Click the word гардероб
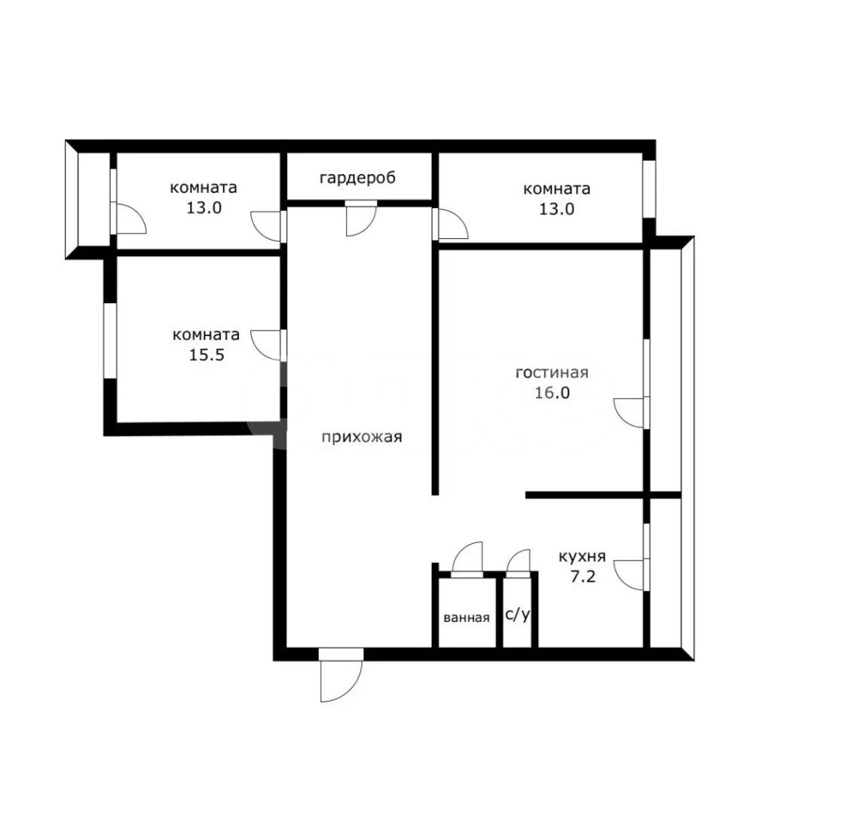[x=357, y=179]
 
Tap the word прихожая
[x=362, y=437]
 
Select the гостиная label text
[x=552, y=373]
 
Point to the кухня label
[x=582, y=557]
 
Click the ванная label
[x=467, y=618]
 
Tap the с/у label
[x=518, y=615]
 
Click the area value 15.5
[x=207, y=355]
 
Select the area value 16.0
[x=552, y=393]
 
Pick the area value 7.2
[x=583, y=577]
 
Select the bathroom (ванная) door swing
[x=467, y=559]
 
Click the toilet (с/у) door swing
[x=518, y=563]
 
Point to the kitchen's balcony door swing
[x=629, y=575]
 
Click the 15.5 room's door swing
[x=268, y=345]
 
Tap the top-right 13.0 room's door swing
[x=451, y=224]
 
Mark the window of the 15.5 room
[x=110, y=340]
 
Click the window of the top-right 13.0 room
[x=649, y=189]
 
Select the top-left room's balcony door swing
[x=130, y=218]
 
